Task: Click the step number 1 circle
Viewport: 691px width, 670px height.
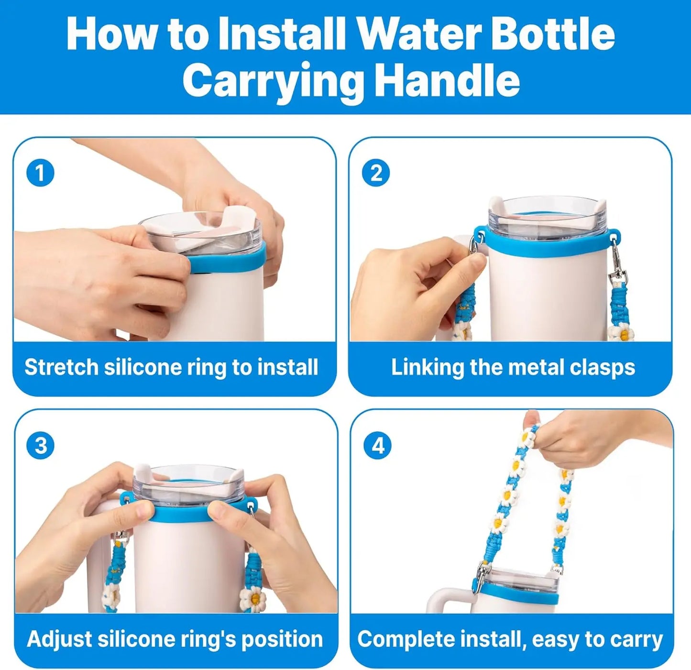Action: pyautogui.click(x=40, y=173)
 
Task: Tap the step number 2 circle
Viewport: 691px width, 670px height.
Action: pyautogui.click(x=376, y=173)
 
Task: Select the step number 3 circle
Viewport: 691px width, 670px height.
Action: pyautogui.click(x=41, y=446)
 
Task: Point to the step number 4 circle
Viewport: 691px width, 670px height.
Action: pyautogui.click(x=378, y=446)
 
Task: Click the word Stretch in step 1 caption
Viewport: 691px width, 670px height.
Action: pyautogui.click(x=61, y=367)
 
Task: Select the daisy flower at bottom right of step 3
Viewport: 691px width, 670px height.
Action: pyautogui.click(x=252, y=598)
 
